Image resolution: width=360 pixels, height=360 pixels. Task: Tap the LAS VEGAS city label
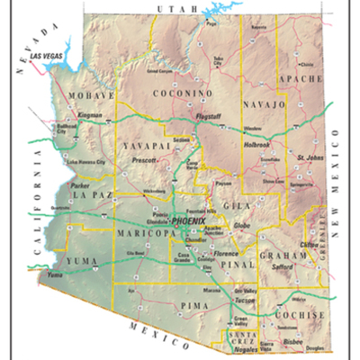[x=47, y=56]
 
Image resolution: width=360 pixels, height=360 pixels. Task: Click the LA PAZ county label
[x=89, y=194]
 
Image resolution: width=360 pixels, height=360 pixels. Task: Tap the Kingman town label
[x=92, y=116]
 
